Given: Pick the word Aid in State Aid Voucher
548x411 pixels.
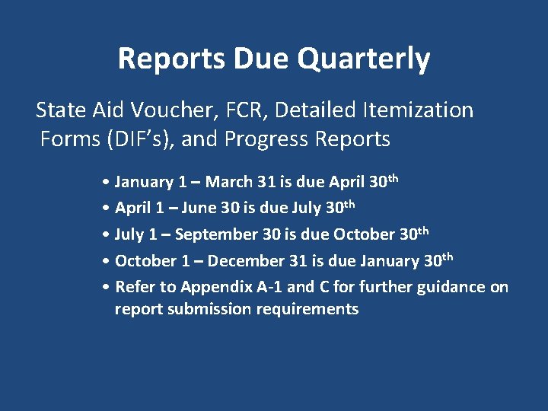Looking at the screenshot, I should coord(96,110).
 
